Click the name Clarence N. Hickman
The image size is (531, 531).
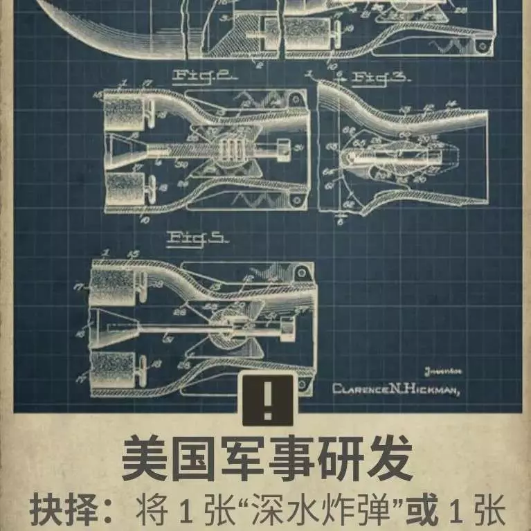point(397,389)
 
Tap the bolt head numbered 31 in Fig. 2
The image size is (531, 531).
point(283,147)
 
